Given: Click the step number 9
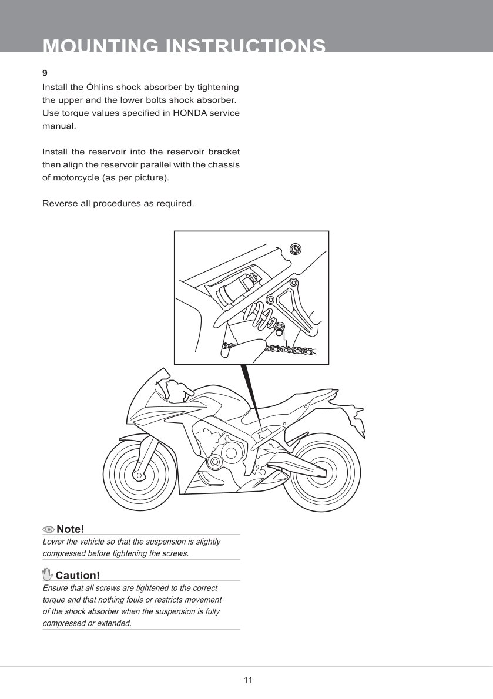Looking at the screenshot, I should click(x=45, y=73).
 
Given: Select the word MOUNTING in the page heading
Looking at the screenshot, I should click(x=99, y=46).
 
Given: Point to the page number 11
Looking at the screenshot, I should click(x=247, y=680).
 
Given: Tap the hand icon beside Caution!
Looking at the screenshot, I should click(x=48, y=574).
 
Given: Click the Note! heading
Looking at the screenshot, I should click(x=71, y=529).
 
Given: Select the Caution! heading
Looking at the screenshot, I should click(x=78, y=574).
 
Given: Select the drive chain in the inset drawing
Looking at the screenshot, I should click(x=291, y=350).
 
